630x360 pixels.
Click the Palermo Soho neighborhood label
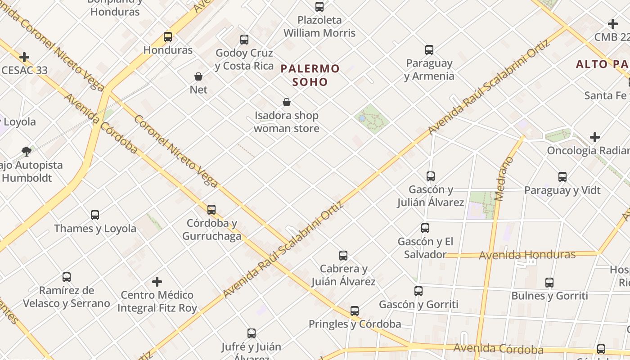[310, 75]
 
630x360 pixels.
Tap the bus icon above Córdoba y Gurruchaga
[211, 209]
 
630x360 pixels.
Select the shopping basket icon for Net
[198, 76]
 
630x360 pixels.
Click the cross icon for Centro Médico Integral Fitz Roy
[157, 282]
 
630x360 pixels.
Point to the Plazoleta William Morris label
[319, 27]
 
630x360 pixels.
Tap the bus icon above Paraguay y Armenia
[429, 49]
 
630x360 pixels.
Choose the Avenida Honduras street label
[527, 255]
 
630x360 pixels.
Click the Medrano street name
[504, 179]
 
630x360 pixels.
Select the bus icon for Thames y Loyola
[95, 215]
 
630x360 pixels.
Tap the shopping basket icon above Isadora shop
[287, 102]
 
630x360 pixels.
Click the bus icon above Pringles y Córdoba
[355, 310]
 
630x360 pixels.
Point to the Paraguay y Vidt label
[562, 190]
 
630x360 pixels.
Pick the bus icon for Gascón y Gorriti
[418, 291]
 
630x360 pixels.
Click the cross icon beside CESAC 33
[24, 57]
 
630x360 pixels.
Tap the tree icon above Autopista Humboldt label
[27, 151]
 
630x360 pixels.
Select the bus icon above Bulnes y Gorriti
[549, 283]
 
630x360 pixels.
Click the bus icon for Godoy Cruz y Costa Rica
[244, 40]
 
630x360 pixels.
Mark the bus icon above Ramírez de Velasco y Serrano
[67, 277]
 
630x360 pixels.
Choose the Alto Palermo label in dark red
[603, 64]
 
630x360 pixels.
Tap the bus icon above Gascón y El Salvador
[425, 228]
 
